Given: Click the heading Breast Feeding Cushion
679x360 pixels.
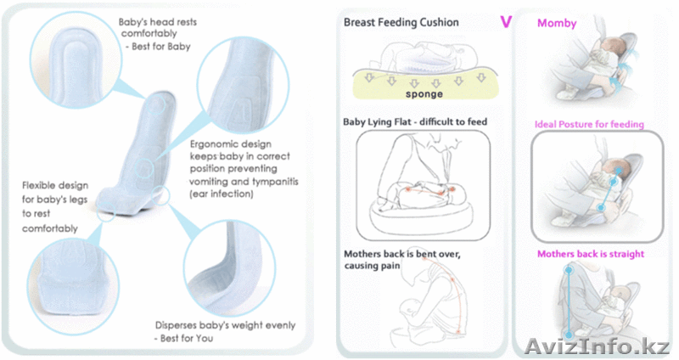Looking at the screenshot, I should point(401,22).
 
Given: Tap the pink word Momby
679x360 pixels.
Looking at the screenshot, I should point(557,23).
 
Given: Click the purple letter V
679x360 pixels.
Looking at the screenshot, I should point(506,21).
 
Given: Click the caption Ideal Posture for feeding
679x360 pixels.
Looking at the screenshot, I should point(589,125).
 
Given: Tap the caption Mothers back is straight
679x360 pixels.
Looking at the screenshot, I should point(590,254).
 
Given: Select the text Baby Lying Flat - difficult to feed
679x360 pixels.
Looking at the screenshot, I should point(415,122).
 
